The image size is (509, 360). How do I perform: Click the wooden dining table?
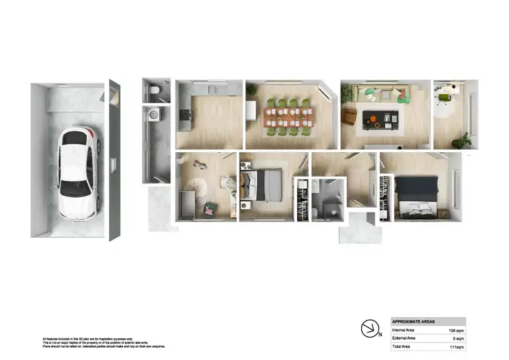tap(288, 115)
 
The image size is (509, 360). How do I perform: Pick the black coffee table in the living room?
tap(381, 120)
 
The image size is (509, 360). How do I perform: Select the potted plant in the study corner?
tap(464, 141)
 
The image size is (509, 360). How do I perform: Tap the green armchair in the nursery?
tap(210, 208)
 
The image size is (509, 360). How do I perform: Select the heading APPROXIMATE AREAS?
tap(413, 321)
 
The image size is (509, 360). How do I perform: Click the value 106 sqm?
tap(455, 330)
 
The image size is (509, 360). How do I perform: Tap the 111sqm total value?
tap(455, 346)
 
